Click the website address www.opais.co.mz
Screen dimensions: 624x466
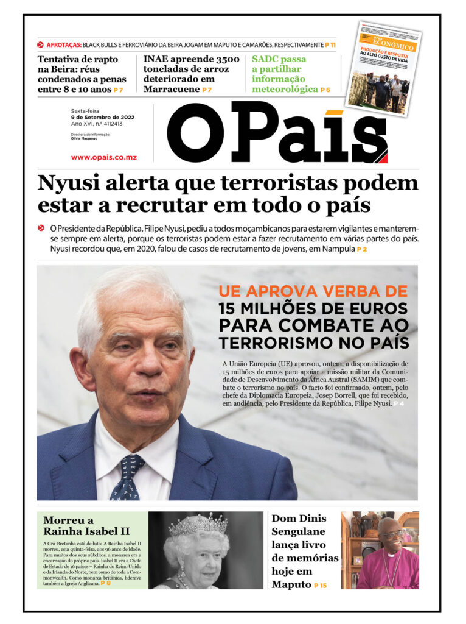103,157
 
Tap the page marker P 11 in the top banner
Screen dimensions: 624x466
330,45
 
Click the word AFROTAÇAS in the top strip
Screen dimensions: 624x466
63,45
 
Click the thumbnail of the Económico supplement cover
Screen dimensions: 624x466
383,69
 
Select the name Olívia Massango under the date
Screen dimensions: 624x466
84,138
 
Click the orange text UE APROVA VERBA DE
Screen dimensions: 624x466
313,291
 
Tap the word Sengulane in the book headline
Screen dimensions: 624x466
299,531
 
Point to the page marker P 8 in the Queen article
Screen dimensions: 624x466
106,583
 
